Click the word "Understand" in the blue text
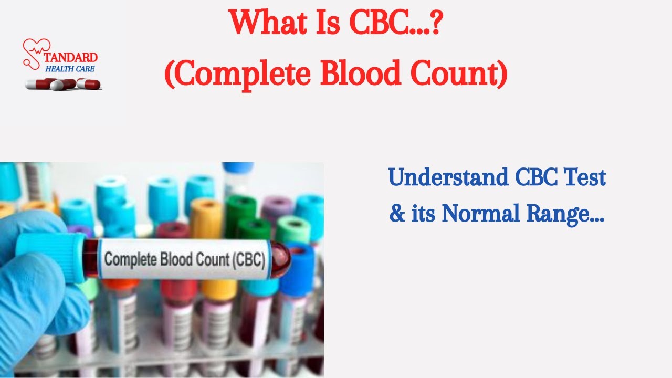coord(448,177)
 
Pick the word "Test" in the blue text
coord(584,177)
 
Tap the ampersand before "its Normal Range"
coord(397,213)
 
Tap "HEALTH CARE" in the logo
coord(70,69)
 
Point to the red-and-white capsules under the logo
coord(63,83)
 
